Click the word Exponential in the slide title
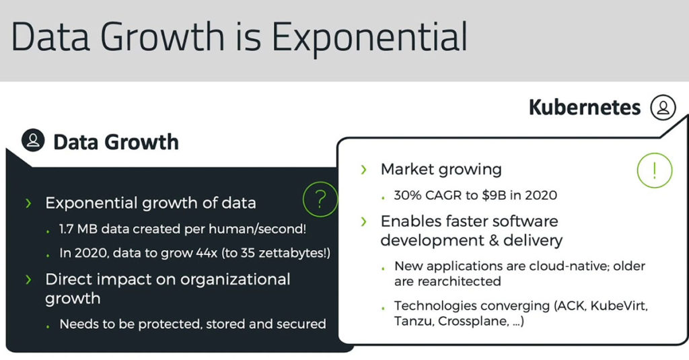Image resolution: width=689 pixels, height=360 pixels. coord(369,37)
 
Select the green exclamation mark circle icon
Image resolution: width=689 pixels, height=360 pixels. coord(655,170)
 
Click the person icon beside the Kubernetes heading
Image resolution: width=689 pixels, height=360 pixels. coord(663,107)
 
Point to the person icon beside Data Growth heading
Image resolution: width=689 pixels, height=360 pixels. coord(33,140)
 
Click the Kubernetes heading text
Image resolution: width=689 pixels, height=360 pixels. coord(585,107)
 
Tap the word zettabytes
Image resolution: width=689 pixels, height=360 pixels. coord(291,254)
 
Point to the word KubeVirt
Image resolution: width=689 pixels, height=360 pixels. coord(619,305)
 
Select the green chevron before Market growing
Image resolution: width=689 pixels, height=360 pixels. coord(363,169)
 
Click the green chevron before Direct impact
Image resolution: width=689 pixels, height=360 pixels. coord(28,279)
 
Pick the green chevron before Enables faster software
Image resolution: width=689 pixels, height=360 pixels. coord(363,221)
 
